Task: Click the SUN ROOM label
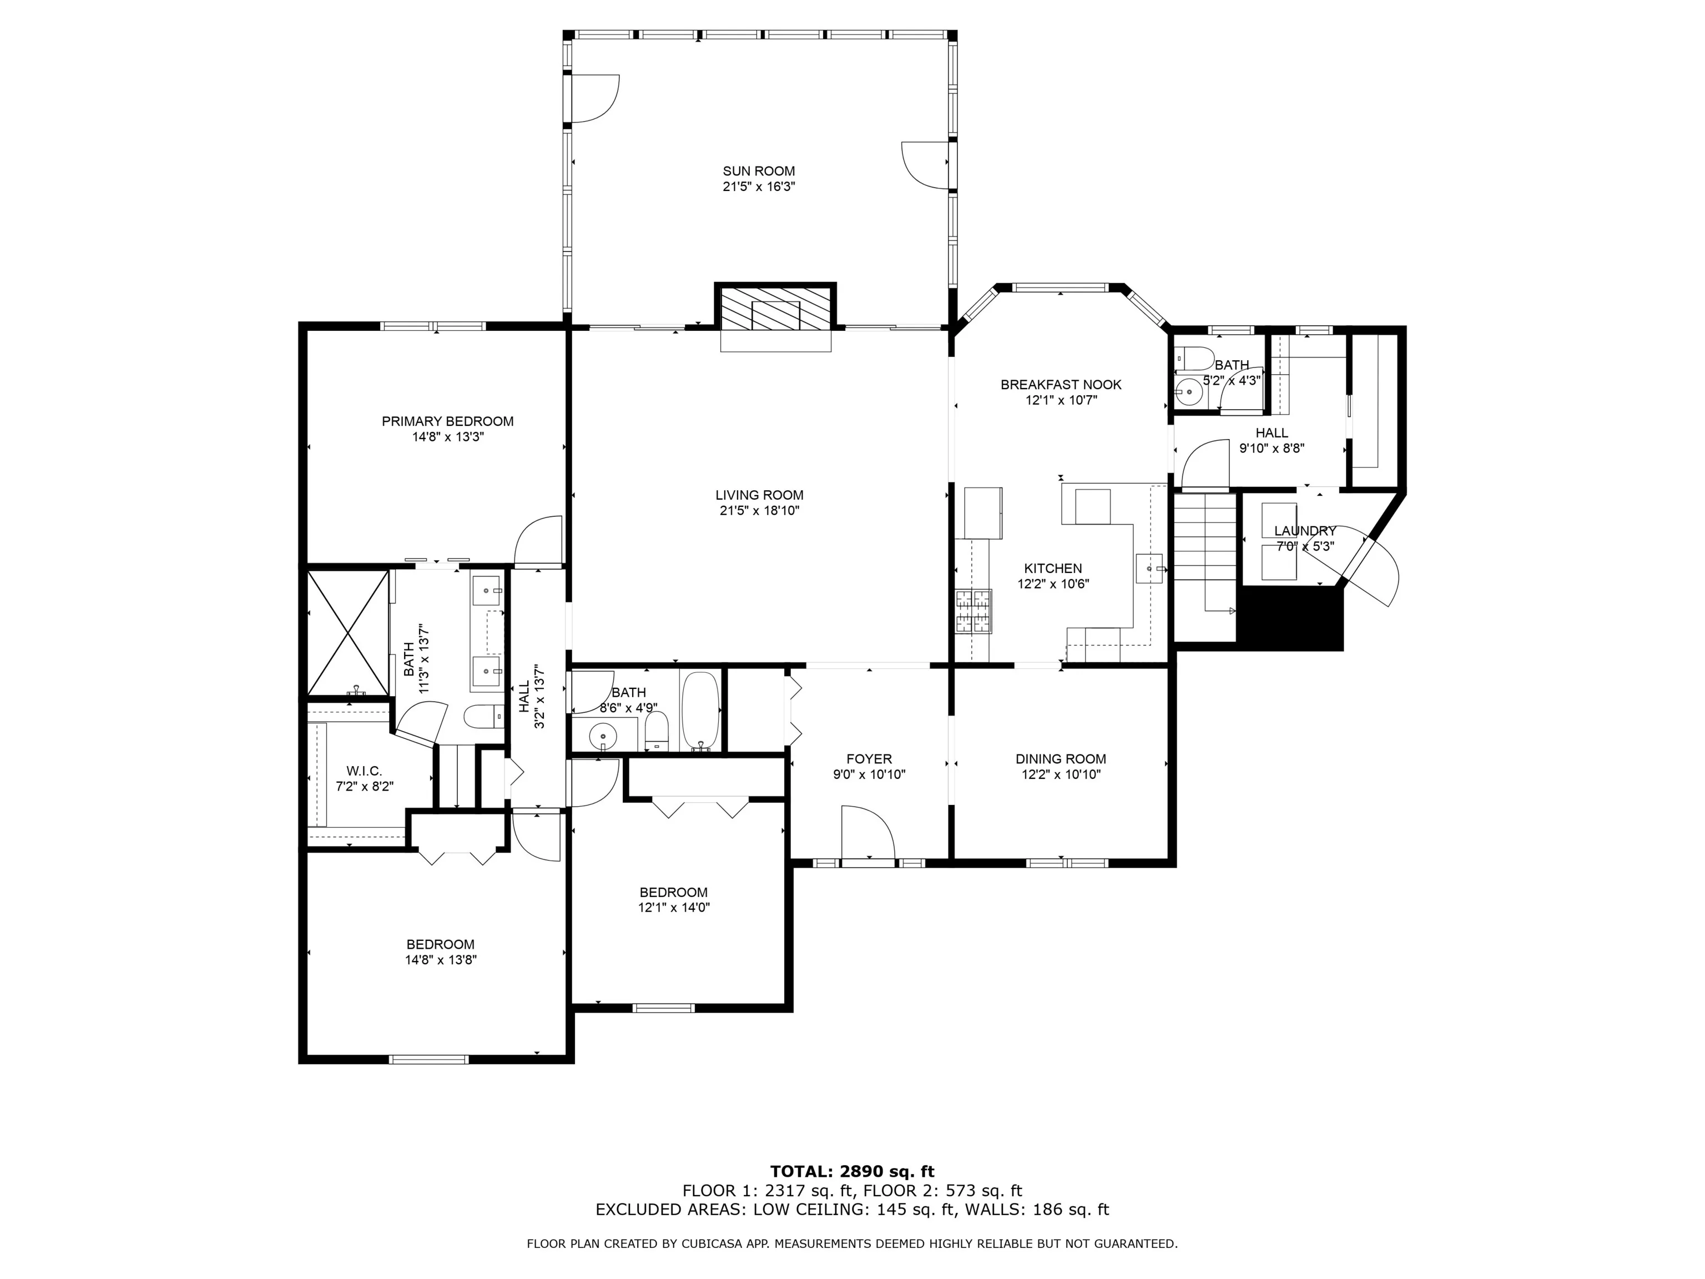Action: pos(759,171)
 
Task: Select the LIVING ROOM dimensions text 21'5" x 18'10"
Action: pos(759,510)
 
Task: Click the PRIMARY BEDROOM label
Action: pos(448,421)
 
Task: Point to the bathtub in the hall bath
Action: pos(700,711)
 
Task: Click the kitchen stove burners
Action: pos(973,611)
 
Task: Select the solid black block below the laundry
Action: pos(1290,617)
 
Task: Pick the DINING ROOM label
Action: pos(1061,759)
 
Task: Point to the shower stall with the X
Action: pos(347,632)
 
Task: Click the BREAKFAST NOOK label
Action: pos(1061,385)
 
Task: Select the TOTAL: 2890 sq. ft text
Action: pos(852,1172)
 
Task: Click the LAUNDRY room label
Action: pos(1305,530)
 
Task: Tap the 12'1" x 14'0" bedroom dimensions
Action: pos(674,908)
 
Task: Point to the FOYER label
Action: pos(869,759)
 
